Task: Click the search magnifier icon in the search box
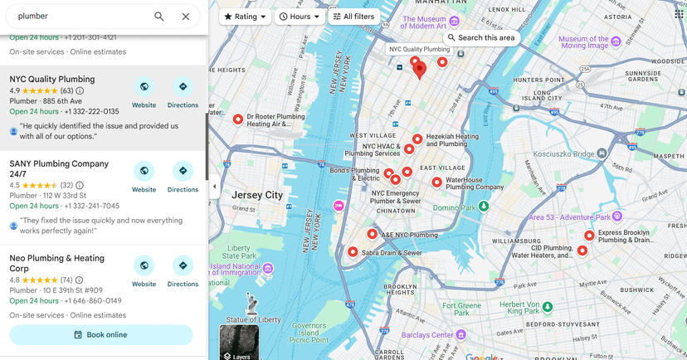coord(159,17)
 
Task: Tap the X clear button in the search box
coord(186,17)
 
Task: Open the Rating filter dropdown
coord(245,17)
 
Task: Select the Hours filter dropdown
coord(299,17)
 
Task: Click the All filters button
coord(353,17)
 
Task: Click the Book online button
coord(100,334)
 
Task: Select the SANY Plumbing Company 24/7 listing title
coord(59,169)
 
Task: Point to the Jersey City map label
coord(257,195)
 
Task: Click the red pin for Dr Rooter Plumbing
coord(238,119)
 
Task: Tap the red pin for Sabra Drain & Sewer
coord(353,251)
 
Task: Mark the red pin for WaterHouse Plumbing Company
coord(436,182)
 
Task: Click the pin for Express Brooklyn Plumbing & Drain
coord(589,236)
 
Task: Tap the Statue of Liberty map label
coord(253,319)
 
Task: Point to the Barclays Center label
coord(426,335)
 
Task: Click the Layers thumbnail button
coord(239,343)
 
